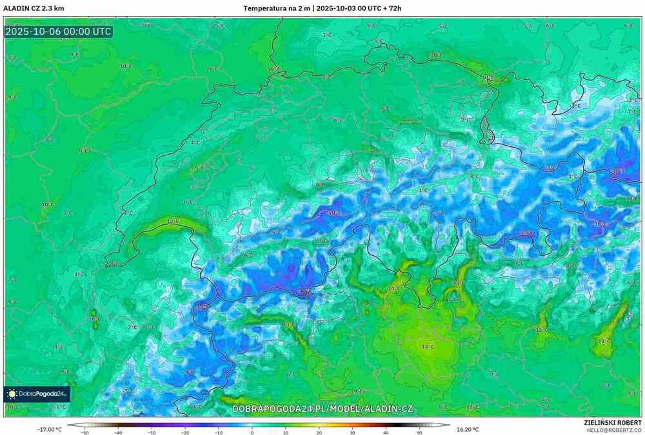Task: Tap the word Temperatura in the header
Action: coord(265,8)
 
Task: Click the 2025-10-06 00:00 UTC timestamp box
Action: coord(58,32)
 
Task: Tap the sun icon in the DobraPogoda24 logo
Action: coord(12,394)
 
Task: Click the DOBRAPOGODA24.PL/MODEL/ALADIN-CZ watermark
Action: coord(322,409)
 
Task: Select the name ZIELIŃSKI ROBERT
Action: coord(613,421)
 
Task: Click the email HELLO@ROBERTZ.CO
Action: coord(613,429)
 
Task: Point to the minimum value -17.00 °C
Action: coord(50,429)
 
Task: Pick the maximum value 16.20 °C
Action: coord(467,429)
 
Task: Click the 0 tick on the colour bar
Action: coord(252,432)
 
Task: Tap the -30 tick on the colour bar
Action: coord(152,432)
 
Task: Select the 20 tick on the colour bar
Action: coord(319,432)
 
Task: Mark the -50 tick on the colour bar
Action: coord(84,432)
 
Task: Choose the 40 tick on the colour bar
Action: coord(386,432)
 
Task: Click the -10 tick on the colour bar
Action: coord(219,432)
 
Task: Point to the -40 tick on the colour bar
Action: coord(118,432)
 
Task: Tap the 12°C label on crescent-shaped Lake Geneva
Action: coord(173,222)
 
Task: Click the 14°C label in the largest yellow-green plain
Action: coord(428,347)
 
